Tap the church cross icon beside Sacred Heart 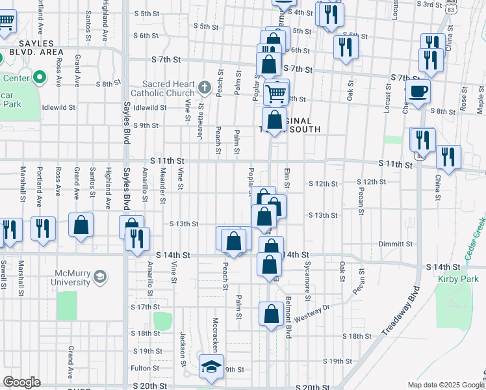204,86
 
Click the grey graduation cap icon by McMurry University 99,278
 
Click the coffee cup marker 418,92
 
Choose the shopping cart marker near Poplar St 276,93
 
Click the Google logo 21,382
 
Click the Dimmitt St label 396,244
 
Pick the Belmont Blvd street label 288,317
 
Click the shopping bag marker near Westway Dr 270,315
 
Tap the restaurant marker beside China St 448,157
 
